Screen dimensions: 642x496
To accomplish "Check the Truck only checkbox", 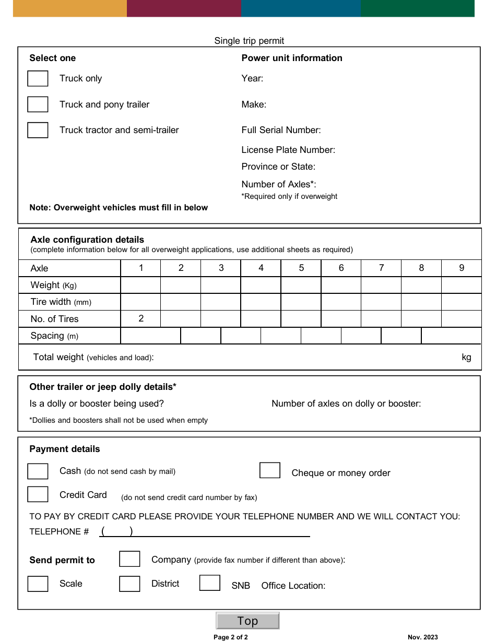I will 38,79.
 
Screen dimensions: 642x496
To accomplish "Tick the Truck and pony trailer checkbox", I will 38,104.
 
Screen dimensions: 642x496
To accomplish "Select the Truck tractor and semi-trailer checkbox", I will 38,130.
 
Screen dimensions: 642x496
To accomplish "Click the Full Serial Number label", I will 281,130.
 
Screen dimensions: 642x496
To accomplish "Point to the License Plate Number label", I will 288,150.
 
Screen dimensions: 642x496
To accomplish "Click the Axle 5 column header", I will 301,268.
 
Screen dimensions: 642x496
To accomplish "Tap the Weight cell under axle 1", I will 140,285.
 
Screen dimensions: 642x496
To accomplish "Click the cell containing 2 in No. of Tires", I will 141,318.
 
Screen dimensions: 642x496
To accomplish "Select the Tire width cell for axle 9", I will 461,302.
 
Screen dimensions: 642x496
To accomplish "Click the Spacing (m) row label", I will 54,336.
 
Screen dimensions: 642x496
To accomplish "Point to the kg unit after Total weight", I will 466,357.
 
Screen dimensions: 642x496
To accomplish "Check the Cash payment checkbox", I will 38,471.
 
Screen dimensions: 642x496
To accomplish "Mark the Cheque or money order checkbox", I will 270,470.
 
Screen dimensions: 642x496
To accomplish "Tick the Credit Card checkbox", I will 38,494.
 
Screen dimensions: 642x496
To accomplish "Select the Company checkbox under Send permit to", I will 129,559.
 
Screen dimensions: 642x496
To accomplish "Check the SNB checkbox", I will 209,583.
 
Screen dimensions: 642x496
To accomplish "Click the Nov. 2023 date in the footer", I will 423,637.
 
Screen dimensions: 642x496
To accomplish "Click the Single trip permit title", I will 249,41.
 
